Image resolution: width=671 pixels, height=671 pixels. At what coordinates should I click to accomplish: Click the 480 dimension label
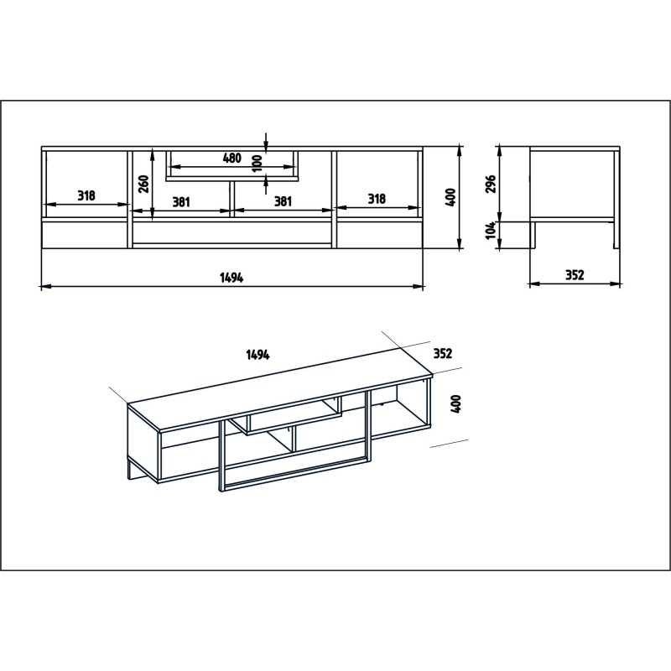click(x=232, y=159)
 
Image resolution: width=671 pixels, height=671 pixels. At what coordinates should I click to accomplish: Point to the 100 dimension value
click(x=257, y=161)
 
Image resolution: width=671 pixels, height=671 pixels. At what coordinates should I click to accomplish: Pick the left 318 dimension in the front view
click(x=86, y=195)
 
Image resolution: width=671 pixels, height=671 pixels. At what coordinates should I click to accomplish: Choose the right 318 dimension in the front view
click(x=377, y=198)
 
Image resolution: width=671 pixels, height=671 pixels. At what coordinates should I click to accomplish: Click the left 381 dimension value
click(x=182, y=200)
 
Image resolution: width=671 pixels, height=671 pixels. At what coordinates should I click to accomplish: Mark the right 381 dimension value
click(x=283, y=200)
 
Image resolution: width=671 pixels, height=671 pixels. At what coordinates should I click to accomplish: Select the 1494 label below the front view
click(x=231, y=278)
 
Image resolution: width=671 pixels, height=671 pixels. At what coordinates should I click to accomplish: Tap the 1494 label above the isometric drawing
click(x=257, y=355)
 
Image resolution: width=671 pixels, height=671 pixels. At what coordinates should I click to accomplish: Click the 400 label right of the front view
click(x=450, y=197)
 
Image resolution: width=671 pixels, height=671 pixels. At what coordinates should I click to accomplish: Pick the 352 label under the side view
click(x=574, y=274)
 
